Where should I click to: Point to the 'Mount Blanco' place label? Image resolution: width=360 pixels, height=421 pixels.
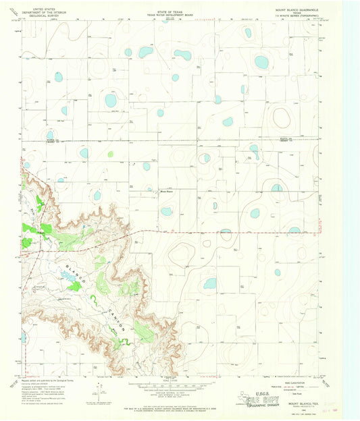coord(166,190)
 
